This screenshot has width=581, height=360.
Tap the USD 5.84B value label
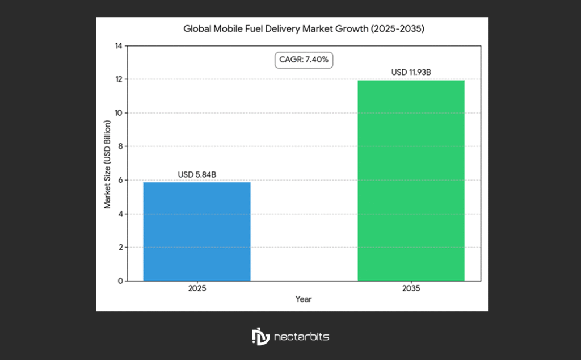point(197,175)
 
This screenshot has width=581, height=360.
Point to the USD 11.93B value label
point(411,73)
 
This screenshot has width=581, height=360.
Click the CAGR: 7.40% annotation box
point(304,59)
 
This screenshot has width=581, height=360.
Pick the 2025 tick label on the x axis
point(197,288)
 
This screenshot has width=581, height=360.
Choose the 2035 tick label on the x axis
point(411,288)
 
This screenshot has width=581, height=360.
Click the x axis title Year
point(304,299)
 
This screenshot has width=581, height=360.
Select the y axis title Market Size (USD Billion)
point(107,163)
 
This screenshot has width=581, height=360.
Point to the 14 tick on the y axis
point(119,46)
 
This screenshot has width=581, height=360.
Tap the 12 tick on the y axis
point(119,79)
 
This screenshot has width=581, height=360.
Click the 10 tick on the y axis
point(119,113)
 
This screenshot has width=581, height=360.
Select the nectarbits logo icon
point(260,336)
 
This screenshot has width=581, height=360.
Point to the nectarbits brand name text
point(301,337)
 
